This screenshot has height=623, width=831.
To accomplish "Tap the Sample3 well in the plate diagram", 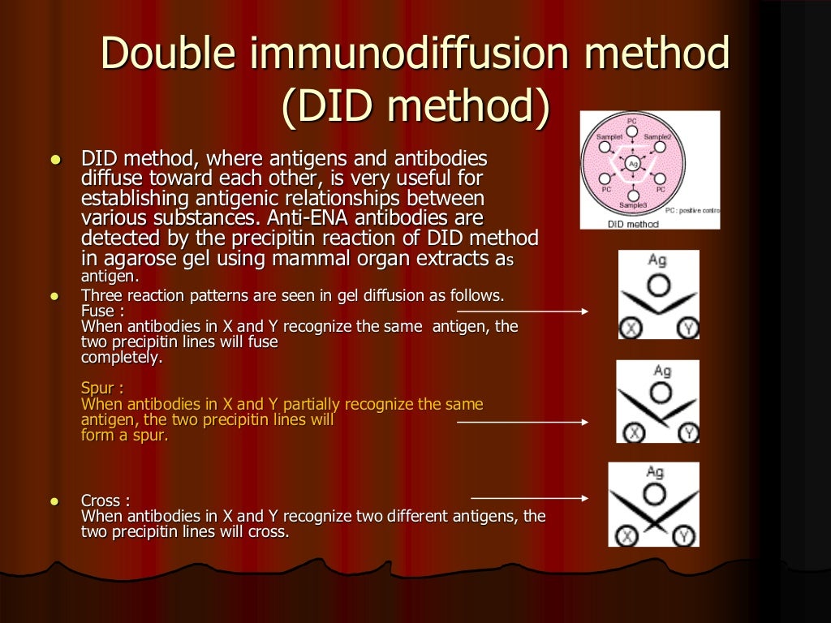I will coord(633,195).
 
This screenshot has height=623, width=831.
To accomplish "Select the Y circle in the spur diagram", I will coord(689,433).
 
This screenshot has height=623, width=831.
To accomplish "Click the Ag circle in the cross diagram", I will coord(655,493).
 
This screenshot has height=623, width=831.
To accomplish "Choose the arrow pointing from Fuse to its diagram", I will coord(523,311).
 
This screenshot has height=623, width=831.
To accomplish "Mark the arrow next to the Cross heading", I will coord(529,497).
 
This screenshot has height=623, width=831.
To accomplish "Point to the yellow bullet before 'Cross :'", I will coord(56,501).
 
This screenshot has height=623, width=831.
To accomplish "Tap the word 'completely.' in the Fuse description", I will coord(122,357).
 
